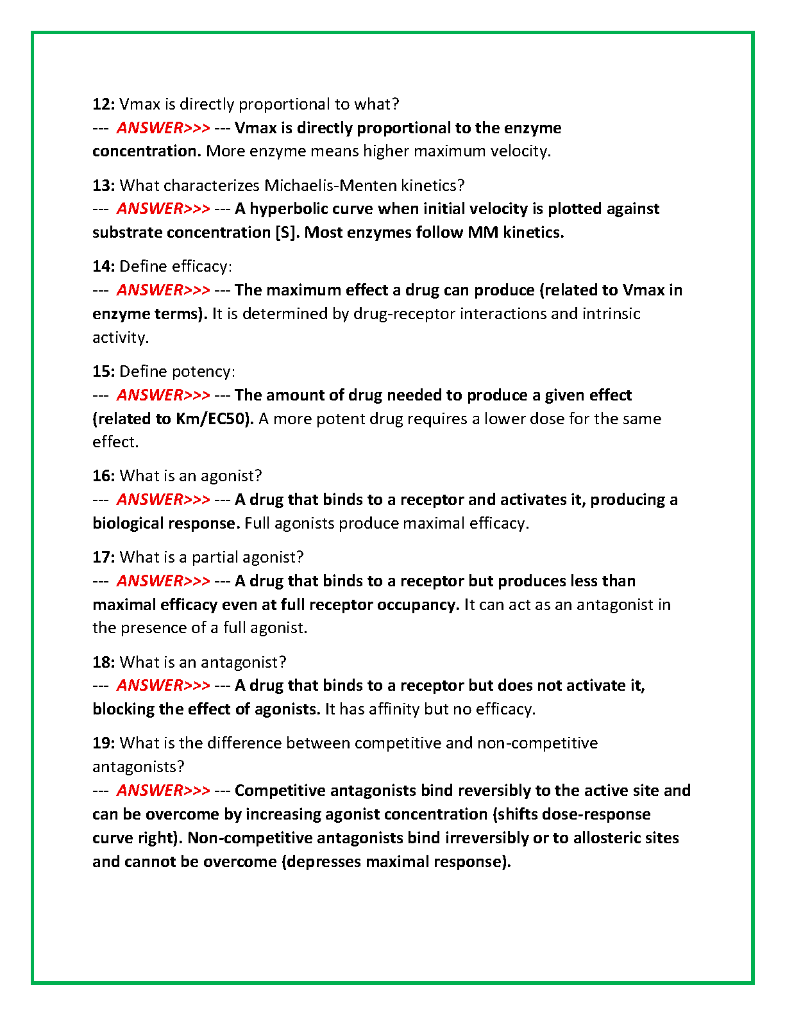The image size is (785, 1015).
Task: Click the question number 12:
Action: [x=103, y=104]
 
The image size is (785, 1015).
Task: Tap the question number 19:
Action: [x=103, y=743]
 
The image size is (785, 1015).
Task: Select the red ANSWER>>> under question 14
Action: [x=163, y=290]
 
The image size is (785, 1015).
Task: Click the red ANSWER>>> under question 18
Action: [x=163, y=685]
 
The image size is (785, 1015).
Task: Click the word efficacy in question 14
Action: [x=201, y=266]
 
